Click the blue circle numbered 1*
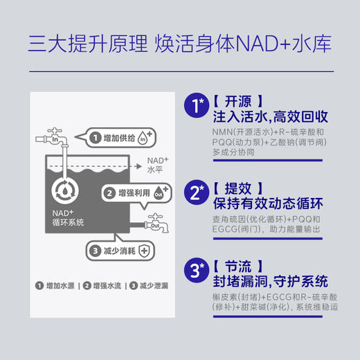[x=197, y=105]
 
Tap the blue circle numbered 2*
[x=197, y=190]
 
